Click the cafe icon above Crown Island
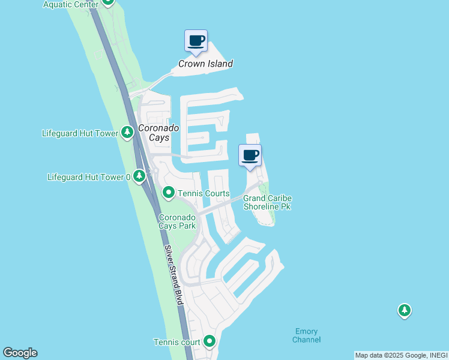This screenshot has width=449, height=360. coord(196,41)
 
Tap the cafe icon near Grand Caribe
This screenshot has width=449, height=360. coord(250,156)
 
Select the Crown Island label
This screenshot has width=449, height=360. coord(205,64)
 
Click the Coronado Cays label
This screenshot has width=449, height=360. coord(154,133)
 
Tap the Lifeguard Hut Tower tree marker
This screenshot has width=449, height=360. coord(127,133)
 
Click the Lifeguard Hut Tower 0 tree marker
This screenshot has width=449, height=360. coord(139,176)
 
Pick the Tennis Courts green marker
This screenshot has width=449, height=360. coord(169,193)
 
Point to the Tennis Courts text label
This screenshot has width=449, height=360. coord(203,193)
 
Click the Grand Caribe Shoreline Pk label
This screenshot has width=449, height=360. coord(267,202)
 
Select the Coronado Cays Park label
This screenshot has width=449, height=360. coord(177,221)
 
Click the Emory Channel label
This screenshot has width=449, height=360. coord(307,335)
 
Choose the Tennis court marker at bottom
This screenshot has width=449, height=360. coord(209,341)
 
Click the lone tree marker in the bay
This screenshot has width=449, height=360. coord(405,310)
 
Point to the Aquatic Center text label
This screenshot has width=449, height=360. coord(70,4)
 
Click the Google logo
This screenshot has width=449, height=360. coord(20,353)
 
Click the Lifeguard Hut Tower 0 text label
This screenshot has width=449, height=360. coord(89,177)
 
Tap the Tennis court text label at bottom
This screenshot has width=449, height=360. coord(177,342)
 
